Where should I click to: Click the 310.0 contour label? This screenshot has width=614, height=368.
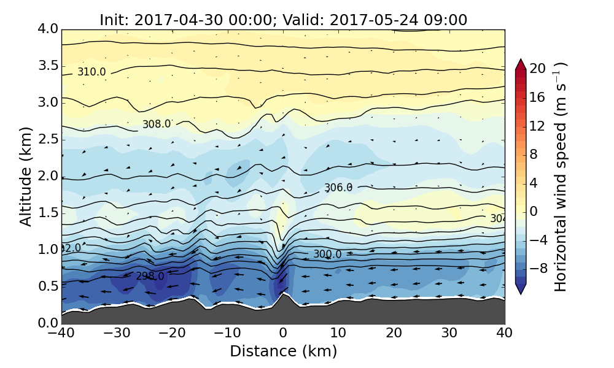91,72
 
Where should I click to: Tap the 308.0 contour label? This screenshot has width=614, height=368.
157,124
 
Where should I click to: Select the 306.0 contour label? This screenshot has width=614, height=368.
338,188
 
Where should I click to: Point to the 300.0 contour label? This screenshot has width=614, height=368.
327,254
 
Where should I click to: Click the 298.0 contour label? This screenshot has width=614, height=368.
150,276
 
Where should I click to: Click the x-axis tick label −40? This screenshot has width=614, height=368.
61,334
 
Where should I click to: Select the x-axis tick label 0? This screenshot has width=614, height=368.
283,334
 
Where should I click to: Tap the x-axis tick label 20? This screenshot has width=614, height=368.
394,334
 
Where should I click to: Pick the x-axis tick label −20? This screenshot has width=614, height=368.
172,334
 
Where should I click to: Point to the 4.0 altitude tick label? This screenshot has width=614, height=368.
47,29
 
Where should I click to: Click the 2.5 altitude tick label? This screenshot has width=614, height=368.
47,139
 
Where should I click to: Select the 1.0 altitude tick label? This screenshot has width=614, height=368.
47,250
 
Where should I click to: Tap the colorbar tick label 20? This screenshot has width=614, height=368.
538,69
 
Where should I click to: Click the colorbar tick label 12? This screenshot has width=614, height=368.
538,126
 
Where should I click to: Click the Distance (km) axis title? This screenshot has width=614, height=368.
283,351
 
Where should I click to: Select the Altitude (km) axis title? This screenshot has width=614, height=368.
26,176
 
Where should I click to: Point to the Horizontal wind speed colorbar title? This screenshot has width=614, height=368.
561,177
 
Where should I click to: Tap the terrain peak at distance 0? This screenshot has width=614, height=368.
283,294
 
